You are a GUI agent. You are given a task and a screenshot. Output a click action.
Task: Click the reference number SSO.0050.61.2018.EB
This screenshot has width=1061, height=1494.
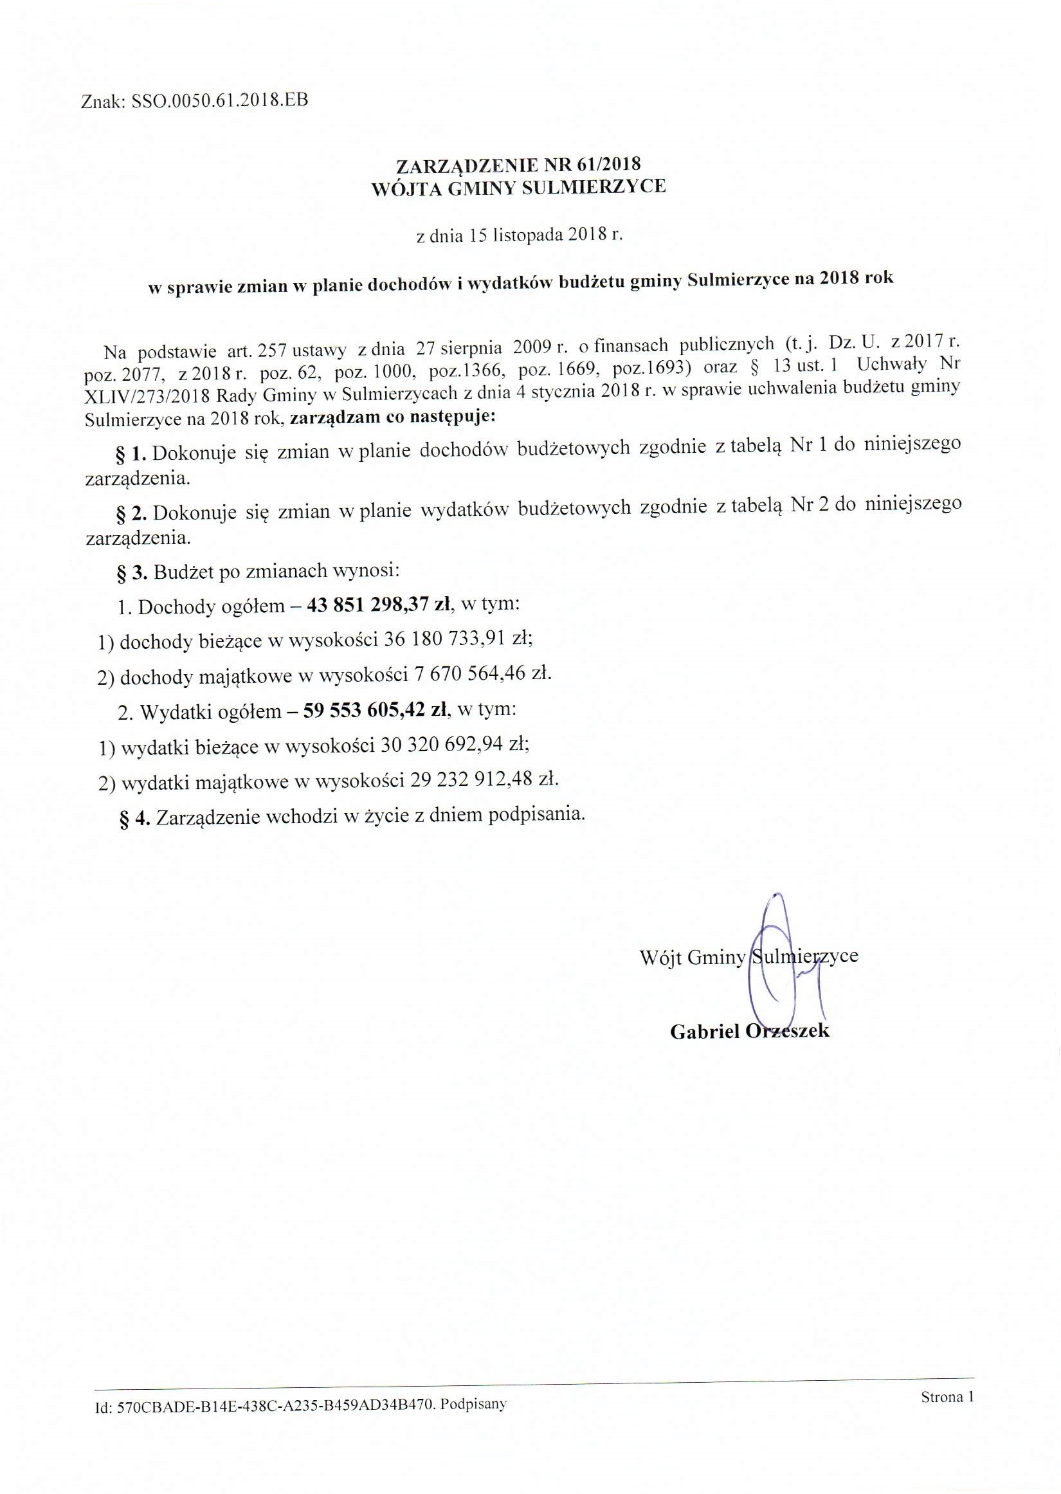pos(219,101)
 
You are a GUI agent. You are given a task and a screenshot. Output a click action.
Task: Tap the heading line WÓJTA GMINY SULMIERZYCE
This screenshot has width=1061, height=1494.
pos(519,188)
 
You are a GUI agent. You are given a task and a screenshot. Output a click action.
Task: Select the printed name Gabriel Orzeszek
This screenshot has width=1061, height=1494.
pos(749,1032)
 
